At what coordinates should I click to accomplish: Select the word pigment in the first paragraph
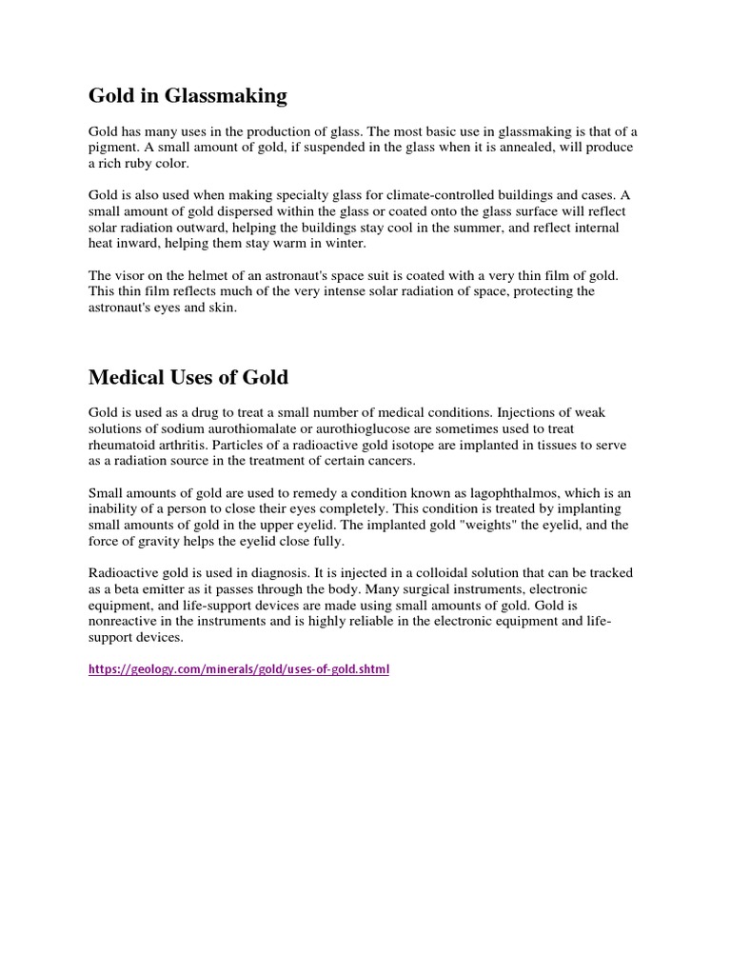111,148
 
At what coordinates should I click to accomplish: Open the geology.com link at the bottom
239,669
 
